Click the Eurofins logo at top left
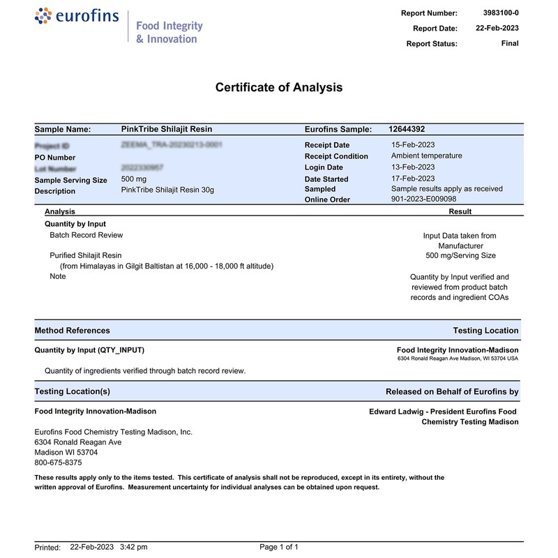click(x=77, y=17)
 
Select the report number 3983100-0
click(x=501, y=13)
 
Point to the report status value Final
click(x=510, y=43)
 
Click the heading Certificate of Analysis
click(x=279, y=87)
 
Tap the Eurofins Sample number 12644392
click(x=407, y=129)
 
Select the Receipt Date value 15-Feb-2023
click(x=413, y=144)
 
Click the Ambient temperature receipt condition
click(x=426, y=156)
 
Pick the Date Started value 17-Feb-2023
click(x=413, y=179)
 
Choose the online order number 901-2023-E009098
click(x=423, y=199)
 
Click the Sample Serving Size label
click(x=71, y=180)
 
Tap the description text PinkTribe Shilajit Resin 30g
click(x=167, y=190)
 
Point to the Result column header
click(x=460, y=211)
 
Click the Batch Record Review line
click(x=86, y=235)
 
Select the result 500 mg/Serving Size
click(x=460, y=255)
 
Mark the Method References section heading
click(x=72, y=331)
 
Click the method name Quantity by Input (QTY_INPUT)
click(x=89, y=350)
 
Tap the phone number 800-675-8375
click(x=58, y=462)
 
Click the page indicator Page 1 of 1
click(x=279, y=547)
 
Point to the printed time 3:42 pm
click(x=134, y=547)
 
